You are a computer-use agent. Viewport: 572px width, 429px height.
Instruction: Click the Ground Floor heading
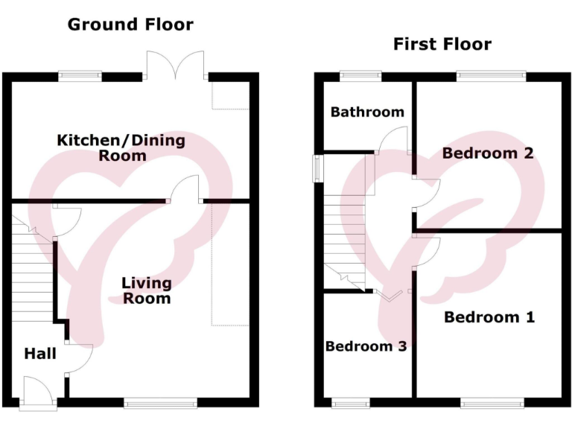[x=130, y=25]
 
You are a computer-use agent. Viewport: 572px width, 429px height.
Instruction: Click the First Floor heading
[x=442, y=45]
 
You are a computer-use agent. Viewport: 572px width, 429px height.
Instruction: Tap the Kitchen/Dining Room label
[x=121, y=147]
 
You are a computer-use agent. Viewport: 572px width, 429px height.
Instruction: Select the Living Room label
[x=147, y=290]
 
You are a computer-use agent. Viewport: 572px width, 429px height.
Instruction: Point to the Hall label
[x=40, y=354]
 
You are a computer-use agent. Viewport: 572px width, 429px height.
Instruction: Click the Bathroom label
[x=367, y=112]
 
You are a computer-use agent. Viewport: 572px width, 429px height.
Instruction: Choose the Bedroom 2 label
[x=488, y=153]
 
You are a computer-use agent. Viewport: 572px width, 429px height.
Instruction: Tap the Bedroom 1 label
[x=489, y=317]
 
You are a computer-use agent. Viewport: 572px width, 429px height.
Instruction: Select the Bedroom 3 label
[x=366, y=346]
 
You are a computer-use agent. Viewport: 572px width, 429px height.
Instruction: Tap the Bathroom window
[x=361, y=74]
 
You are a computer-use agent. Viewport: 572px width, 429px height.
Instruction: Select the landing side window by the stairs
[x=317, y=168]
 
